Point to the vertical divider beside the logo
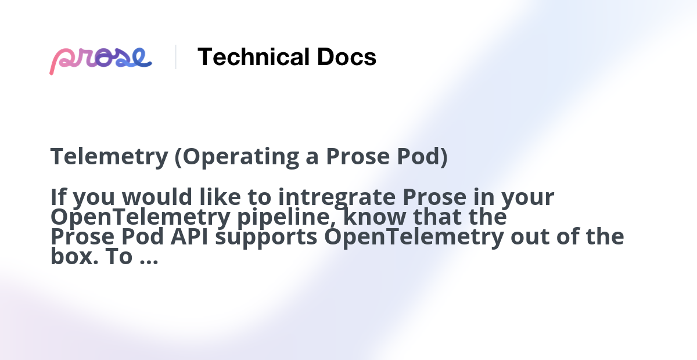tap(175, 57)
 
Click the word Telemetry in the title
tap(109, 157)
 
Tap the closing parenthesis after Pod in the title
tap(444, 157)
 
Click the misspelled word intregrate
tap(337, 197)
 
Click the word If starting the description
tap(57, 197)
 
